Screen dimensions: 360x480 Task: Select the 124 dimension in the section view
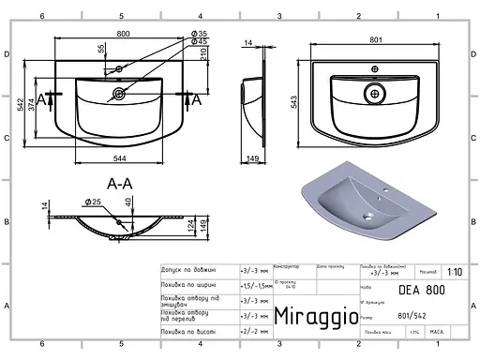click(191, 226)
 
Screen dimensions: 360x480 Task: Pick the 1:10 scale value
click(454, 272)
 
